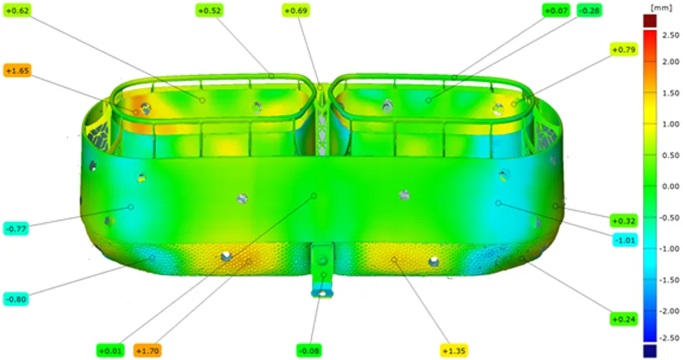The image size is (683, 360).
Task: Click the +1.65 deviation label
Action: pyautogui.click(x=17, y=70)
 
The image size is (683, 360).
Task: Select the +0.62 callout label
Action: pyautogui.click(x=17, y=11)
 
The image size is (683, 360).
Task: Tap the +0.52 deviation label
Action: pyautogui.click(x=209, y=11)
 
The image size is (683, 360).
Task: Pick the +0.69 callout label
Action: pyautogui.click(x=295, y=11)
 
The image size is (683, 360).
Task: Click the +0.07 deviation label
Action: pyautogui.click(x=556, y=11)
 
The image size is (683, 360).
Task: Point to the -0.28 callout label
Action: pyautogui.click(x=590, y=11)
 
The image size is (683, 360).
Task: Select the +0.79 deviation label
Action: pyautogui.click(x=624, y=50)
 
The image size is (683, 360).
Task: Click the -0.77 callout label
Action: pyautogui.click(x=16, y=229)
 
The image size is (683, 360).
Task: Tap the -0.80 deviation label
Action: pyautogui.click(x=16, y=299)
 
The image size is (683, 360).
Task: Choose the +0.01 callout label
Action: pyautogui.click(x=110, y=351)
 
